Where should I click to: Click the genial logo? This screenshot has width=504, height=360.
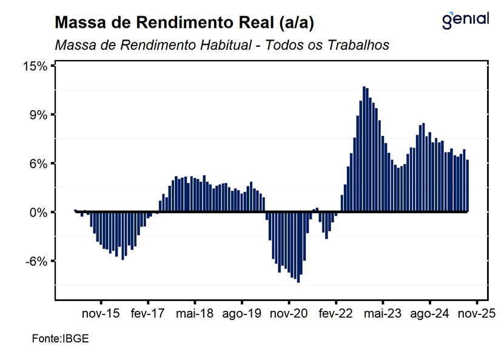pyautogui.click(x=465, y=20)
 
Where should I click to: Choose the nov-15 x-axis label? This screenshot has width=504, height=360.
pyautogui.click(x=101, y=314)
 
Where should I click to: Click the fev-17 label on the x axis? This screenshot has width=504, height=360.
pyautogui.click(x=148, y=314)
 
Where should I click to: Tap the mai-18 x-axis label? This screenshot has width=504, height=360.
pyautogui.click(x=195, y=314)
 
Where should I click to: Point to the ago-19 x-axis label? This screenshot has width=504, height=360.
pyautogui.click(x=242, y=314)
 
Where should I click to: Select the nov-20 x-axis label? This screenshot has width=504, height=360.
pyautogui.click(x=289, y=314)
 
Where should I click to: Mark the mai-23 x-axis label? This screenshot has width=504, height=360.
pyautogui.click(x=383, y=314)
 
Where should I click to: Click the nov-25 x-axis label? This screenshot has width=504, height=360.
pyautogui.click(x=477, y=314)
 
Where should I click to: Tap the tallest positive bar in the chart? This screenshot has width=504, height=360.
pyautogui.click(x=364, y=149)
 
